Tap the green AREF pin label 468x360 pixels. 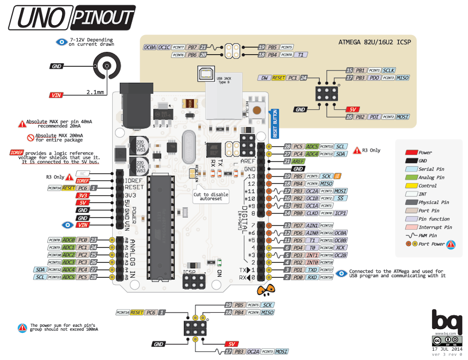coord(299,161)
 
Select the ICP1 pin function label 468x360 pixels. coord(341,213)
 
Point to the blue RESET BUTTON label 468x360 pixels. coord(275,123)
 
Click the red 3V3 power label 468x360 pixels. coord(82,195)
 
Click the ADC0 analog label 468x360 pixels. coord(69,240)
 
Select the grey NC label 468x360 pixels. coord(82,173)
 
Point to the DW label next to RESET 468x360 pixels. coord(264,78)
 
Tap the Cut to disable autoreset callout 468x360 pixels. coord(211,196)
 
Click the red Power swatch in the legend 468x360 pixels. coord(411,152)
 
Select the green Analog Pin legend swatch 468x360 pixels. coord(411,177)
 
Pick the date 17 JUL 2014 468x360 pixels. coord(446,348)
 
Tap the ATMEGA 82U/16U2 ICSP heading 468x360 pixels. coord(374,42)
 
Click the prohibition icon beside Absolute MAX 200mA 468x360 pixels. coord(31,137)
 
